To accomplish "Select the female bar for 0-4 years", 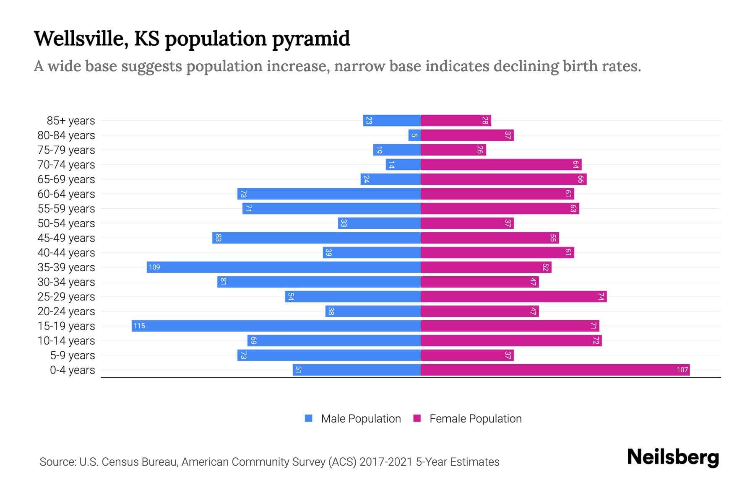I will click(555, 370).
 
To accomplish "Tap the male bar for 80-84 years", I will click(414, 135).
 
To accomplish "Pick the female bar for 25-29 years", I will click(513, 297).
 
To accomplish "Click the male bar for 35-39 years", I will click(284, 267).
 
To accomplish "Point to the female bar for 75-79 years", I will click(453, 150).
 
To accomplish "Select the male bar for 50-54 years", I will click(379, 223).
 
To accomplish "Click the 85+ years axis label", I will click(71, 121).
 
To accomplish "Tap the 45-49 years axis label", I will click(66, 238).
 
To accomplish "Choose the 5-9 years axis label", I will click(73, 355).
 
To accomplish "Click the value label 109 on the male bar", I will click(154, 267).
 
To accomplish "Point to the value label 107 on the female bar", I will click(682, 370).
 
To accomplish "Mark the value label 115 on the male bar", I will click(139, 326).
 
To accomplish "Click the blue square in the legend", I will click(309, 418).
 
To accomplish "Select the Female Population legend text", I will click(475, 419).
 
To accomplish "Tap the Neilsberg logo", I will click(673, 457).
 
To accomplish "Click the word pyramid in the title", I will click(311, 39).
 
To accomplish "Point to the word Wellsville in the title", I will click(81, 39).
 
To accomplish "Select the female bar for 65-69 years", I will click(503, 179).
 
